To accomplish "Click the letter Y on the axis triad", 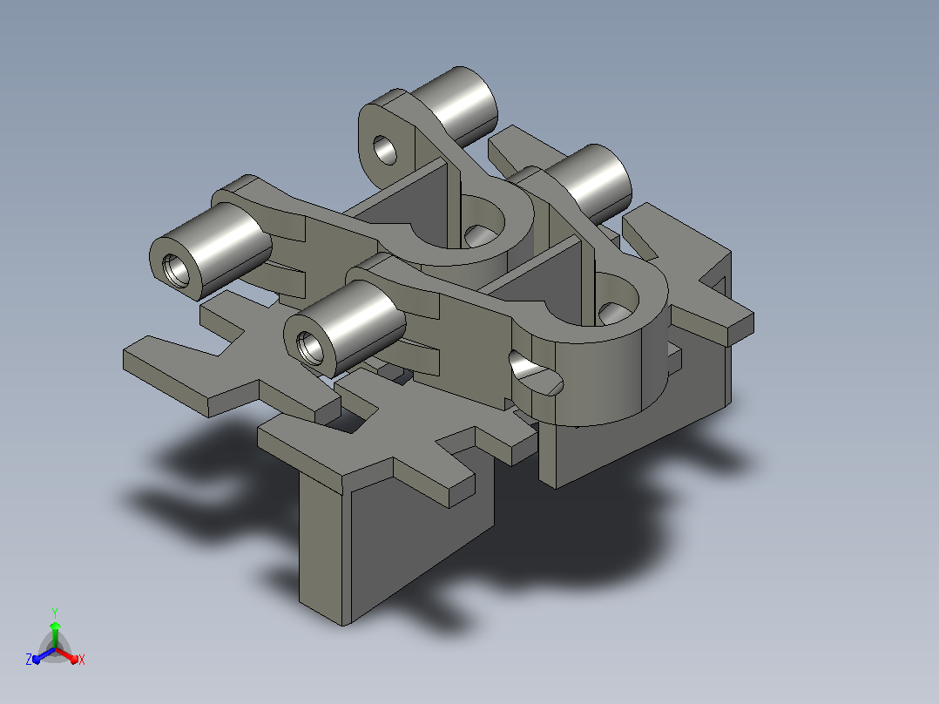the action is click(55, 613).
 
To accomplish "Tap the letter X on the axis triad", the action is click(82, 660).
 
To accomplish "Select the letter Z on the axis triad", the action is click(29, 659).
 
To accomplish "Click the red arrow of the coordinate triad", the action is click(68, 655).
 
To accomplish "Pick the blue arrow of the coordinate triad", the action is click(43, 655).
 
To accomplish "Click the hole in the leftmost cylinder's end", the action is click(176, 270).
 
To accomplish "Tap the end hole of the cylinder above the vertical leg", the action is click(310, 349).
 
